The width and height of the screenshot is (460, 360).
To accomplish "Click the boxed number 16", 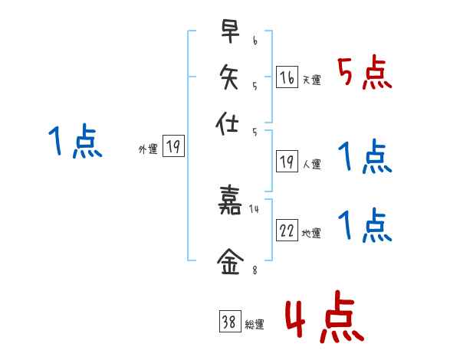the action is (287, 77).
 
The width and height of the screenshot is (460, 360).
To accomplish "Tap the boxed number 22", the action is (287, 231).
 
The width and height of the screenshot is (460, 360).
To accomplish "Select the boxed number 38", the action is (229, 322).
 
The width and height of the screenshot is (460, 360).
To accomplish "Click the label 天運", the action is (311, 80).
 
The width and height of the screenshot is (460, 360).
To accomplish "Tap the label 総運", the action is (255, 325).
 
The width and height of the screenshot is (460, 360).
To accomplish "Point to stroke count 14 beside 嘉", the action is (254, 207).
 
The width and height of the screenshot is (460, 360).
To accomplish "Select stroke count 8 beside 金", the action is (254, 269).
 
